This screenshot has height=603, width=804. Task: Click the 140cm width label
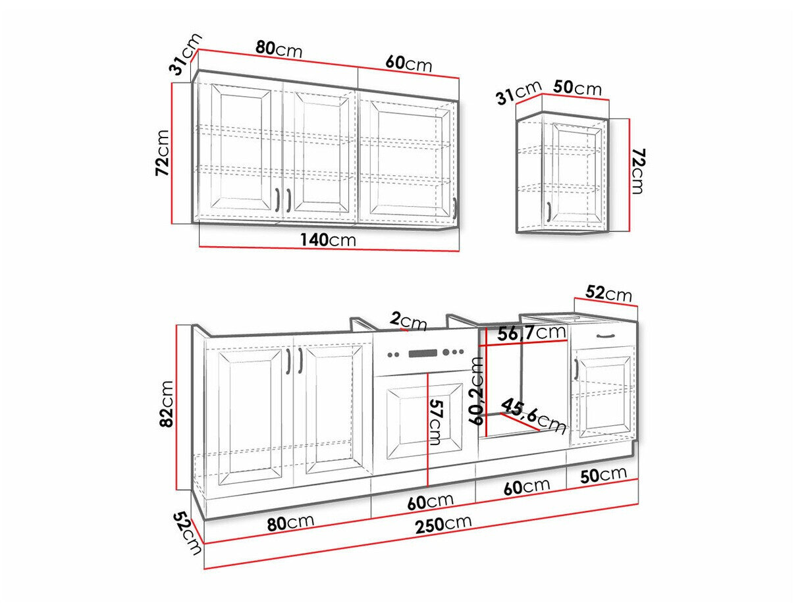[x=328, y=240]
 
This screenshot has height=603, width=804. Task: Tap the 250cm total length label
[x=443, y=524]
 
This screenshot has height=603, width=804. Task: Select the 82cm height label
[x=167, y=404]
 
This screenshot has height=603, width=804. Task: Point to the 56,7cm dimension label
[x=531, y=332]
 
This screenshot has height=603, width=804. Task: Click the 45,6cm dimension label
[x=533, y=416]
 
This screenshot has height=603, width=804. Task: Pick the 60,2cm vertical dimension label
[x=477, y=390]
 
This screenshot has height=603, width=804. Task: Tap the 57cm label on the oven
[x=436, y=422]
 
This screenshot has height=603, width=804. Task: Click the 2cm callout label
[x=408, y=321]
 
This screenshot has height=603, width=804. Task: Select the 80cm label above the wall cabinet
[x=279, y=49]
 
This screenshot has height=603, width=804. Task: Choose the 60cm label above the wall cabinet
[x=409, y=63]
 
